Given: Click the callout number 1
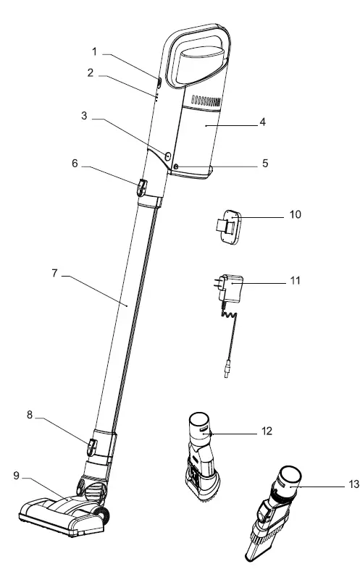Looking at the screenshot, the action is point(94,52).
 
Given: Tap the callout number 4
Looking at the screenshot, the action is point(262,122).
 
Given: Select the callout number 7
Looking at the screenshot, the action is point(54,274).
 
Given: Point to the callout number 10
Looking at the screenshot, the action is point(296,214).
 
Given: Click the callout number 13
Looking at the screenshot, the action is point(353,484).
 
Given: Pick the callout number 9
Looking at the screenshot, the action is point(16,476).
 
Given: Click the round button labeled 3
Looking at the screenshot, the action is point(168,156).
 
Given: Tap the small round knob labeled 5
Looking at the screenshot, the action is point(175,167).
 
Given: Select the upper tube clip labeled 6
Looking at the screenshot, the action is point(142,188).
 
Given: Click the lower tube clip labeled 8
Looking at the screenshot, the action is point(91,447).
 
